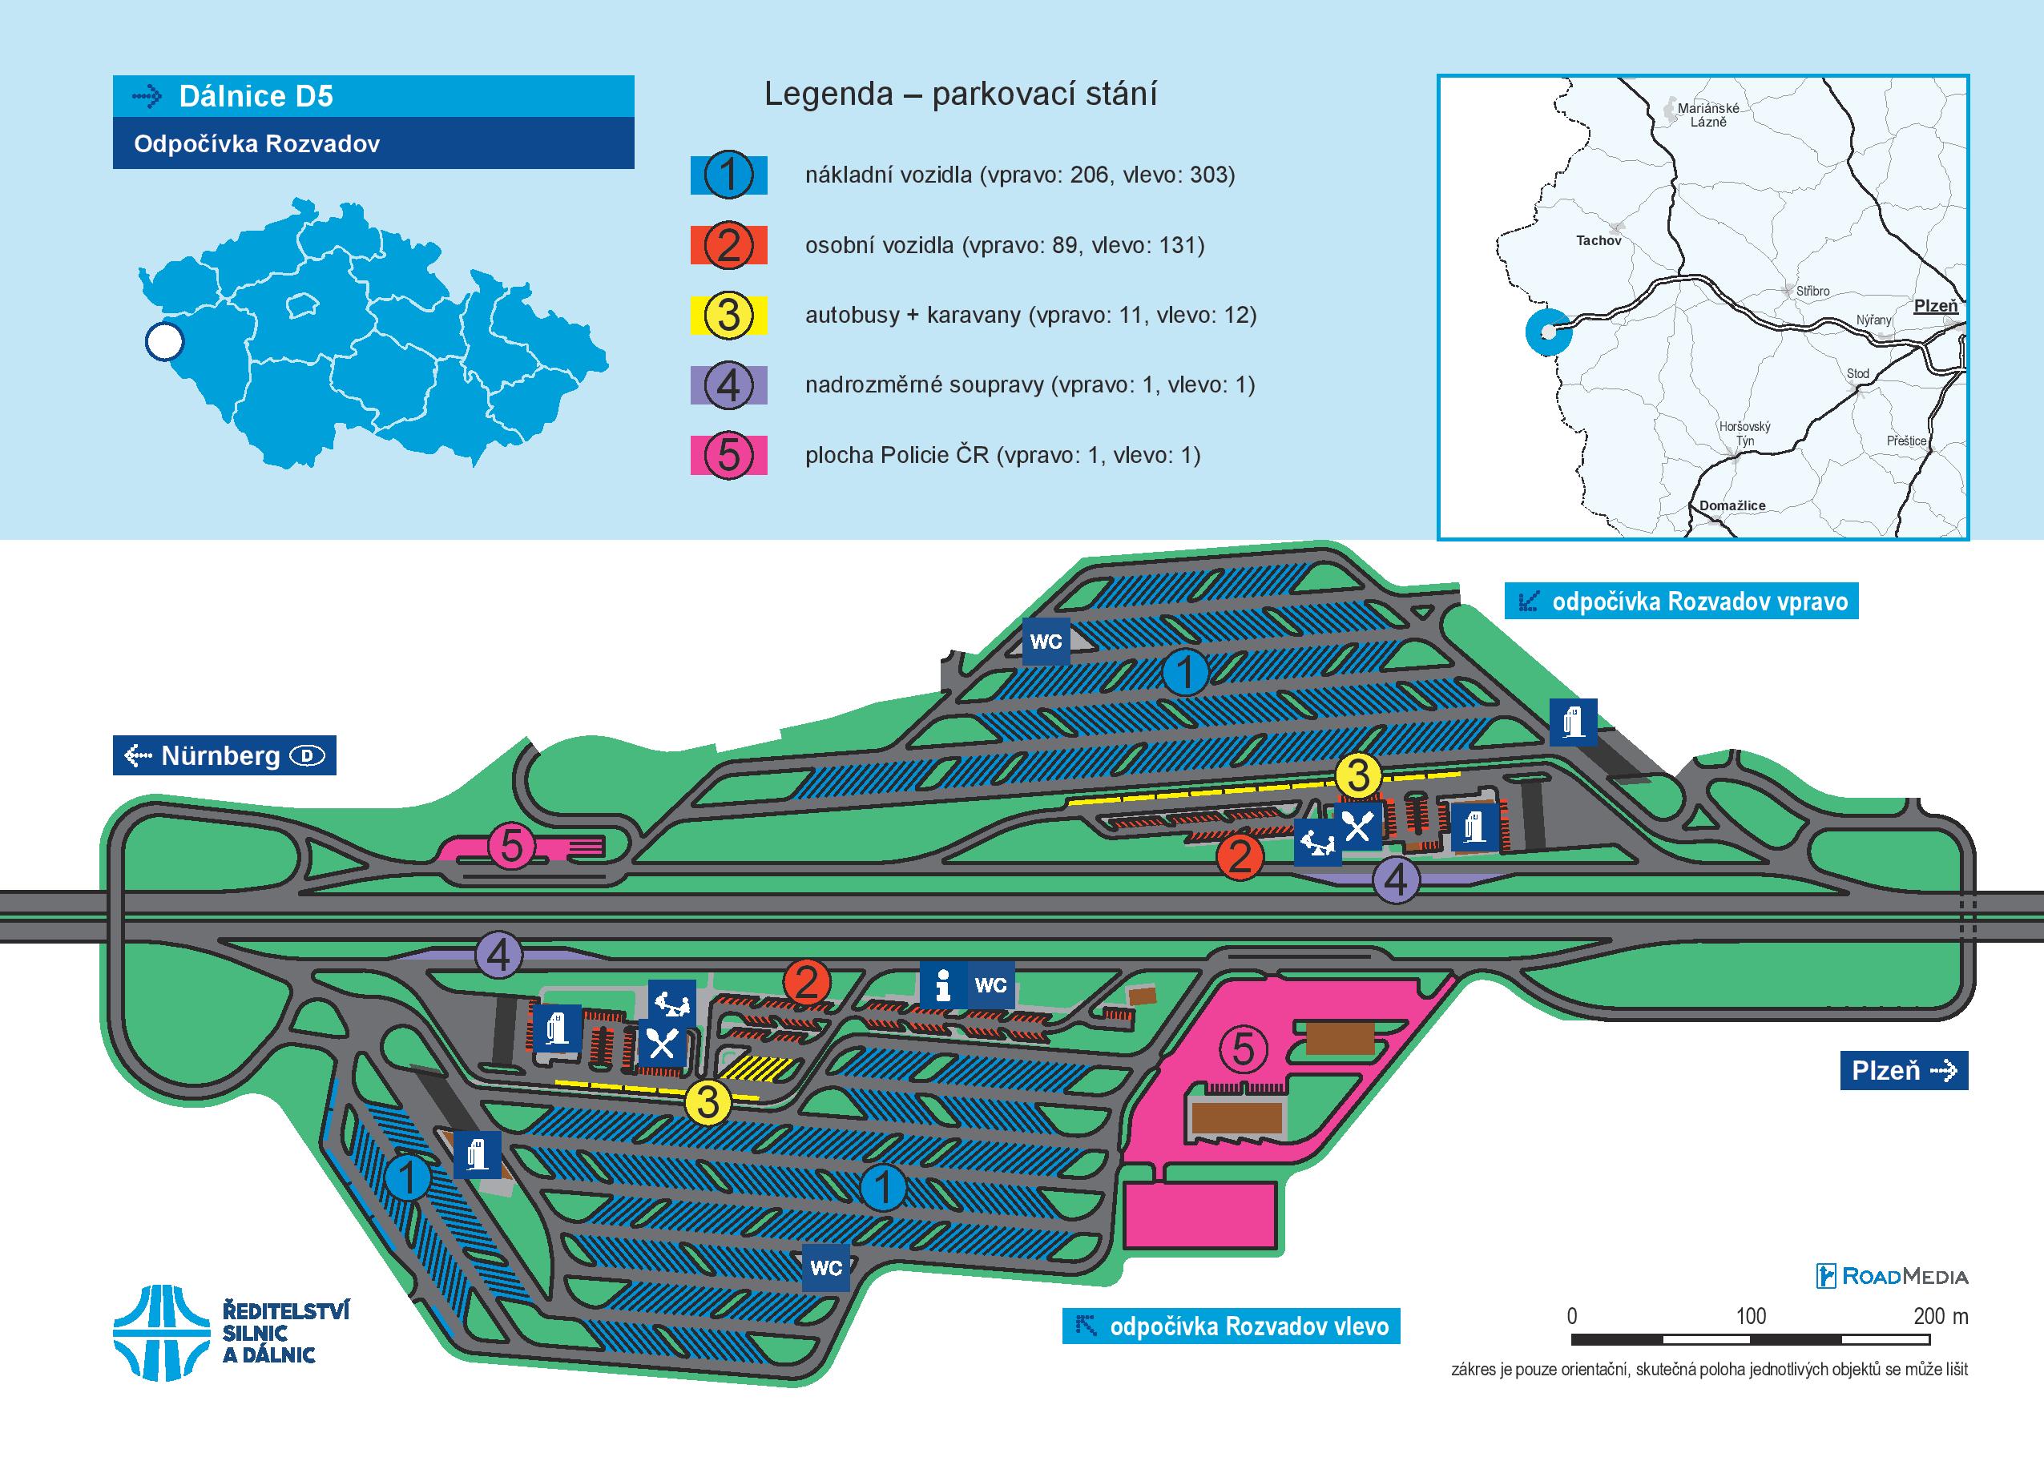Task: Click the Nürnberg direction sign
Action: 224,755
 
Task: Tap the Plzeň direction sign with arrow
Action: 1903,1070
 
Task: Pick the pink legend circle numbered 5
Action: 728,456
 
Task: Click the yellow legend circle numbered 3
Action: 728,316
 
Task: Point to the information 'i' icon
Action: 942,984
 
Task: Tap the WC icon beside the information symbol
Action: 990,984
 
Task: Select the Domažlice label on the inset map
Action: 1732,505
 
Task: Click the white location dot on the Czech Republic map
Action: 164,342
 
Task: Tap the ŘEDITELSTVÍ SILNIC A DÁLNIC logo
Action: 232,1332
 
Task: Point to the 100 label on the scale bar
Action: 1751,1316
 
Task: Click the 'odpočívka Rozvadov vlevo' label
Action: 1231,1326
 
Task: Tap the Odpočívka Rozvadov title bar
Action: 373,143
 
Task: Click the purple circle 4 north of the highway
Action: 1396,880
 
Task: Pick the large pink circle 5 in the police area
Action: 1243,1048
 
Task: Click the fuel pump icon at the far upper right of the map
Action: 1574,722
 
